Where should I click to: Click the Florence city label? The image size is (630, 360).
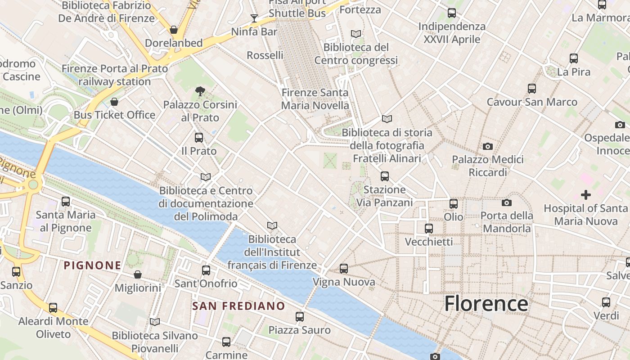(486, 304)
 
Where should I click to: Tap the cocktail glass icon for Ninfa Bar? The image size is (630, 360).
(254, 18)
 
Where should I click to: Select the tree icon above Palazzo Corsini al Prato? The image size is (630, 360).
(200, 92)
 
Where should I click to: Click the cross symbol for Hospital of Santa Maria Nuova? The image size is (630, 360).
(585, 195)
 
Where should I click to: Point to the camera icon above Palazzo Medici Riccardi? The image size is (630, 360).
(487, 146)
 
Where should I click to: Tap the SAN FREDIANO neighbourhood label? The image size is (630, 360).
(238, 306)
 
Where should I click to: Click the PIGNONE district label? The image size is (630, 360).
(93, 265)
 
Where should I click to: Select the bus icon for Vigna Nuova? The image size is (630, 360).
(344, 269)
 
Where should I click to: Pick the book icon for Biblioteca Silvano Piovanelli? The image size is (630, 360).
(155, 322)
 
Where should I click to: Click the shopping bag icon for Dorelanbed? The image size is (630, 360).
(174, 30)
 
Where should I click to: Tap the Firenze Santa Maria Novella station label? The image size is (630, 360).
(315, 99)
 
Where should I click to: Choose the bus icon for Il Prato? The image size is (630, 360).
(199, 138)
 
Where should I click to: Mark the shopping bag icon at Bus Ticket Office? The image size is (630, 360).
(114, 102)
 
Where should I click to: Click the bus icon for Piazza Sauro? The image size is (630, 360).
(300, 316)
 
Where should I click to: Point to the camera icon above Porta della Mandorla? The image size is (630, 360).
(507, 202)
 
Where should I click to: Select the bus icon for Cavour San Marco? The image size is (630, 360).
(532, 89)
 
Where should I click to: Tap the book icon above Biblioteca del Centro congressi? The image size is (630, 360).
(356, 34)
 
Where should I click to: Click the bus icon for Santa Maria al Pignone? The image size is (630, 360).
(66, 202)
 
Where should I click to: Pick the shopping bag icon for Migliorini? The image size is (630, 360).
(138, 274)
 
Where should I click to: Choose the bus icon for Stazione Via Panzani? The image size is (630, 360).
(385, 176)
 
